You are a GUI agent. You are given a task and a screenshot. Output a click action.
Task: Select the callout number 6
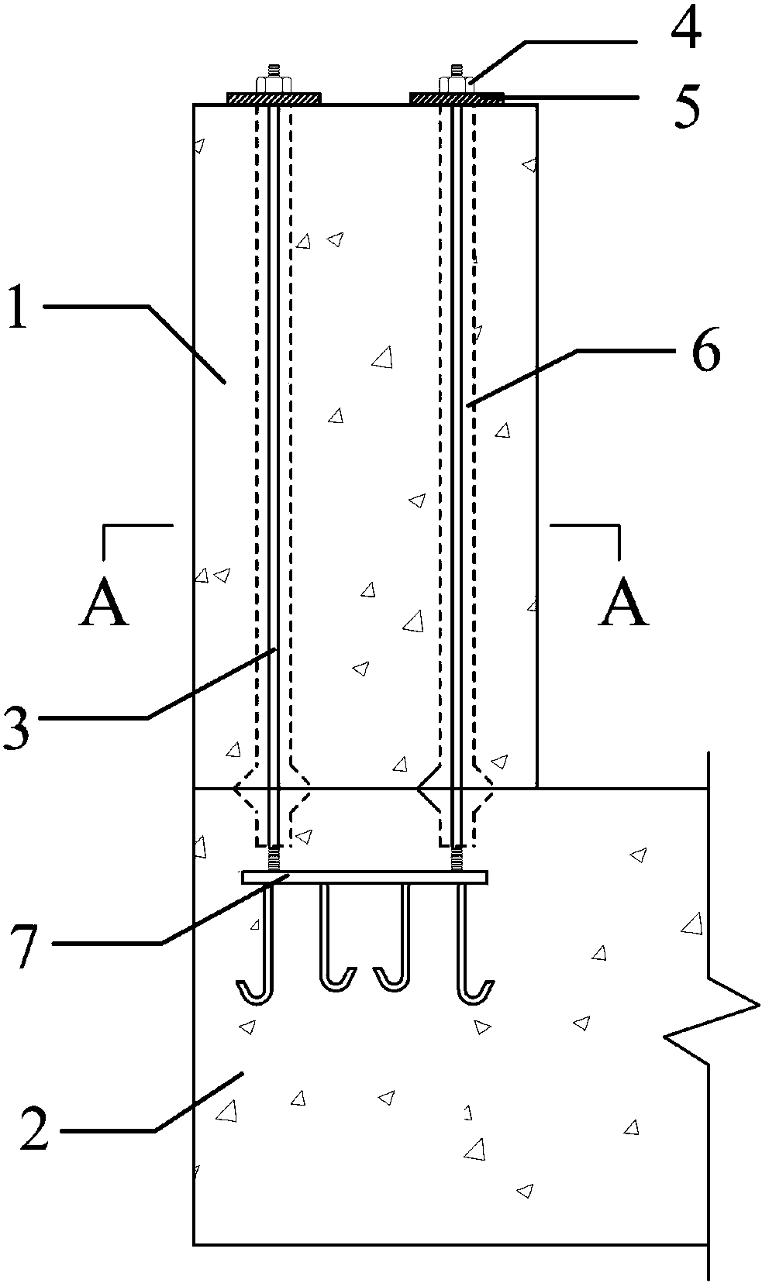pos(705,350)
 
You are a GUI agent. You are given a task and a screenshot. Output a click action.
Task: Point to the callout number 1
pos(18,307)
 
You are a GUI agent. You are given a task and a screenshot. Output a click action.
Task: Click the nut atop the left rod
pos(274,84)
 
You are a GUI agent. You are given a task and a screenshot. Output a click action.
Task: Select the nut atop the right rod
pos(457,84)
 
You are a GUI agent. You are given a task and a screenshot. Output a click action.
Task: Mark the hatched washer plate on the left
pos(274,98)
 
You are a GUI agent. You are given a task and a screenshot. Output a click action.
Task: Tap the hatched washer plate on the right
pos(457,98)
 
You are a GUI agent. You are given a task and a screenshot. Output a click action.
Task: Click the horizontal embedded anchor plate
pos(365,877)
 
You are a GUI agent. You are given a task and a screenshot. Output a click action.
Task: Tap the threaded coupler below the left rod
pos(274,859)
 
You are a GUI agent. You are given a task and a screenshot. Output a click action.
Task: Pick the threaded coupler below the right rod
pos(457,859)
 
